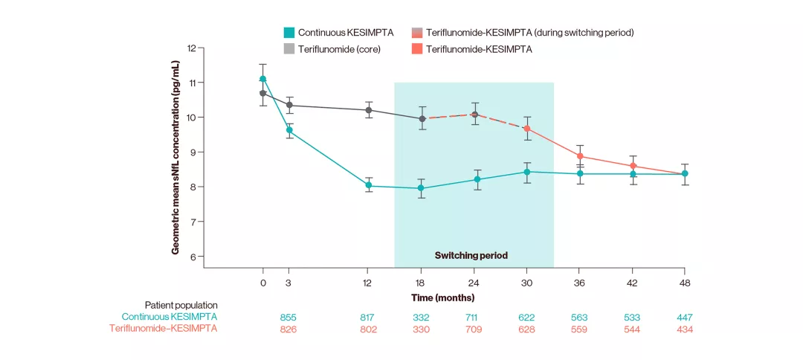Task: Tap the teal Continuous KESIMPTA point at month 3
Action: click(289, 130)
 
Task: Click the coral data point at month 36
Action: click(580, 157)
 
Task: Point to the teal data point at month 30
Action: click(527, 172)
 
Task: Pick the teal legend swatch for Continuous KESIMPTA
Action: click(289, 33)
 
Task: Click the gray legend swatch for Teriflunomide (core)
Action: click(289, 49)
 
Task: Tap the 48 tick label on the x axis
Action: click(685, 283)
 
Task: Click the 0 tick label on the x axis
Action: click(262, 283)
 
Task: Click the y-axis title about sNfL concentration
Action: click(176, 152)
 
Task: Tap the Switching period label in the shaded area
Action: click(471, 255)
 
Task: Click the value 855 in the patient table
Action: click(288, 318)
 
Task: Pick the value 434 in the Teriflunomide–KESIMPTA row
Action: click(685, 329)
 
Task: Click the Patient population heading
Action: click(181, 305)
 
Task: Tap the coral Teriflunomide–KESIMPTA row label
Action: click(164, 329)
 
